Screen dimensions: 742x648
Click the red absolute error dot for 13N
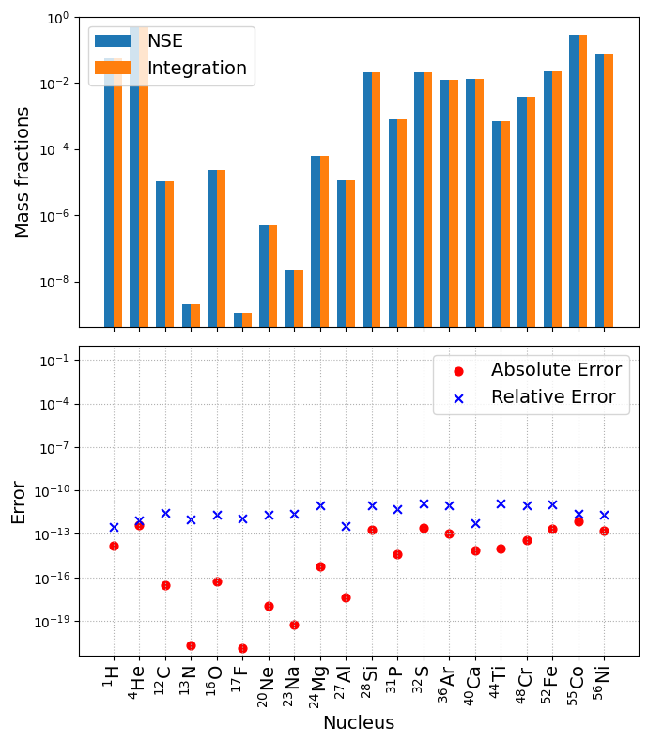191,645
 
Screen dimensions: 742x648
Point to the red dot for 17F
242,648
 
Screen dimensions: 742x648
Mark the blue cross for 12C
165,513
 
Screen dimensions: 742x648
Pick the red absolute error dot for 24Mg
320,566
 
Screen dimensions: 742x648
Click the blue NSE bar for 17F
239,319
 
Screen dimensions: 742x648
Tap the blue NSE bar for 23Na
290,298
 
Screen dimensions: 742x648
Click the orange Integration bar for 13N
195,316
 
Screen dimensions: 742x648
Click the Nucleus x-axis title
359,723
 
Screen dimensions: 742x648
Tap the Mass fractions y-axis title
23,172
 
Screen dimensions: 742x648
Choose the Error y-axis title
19,502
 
